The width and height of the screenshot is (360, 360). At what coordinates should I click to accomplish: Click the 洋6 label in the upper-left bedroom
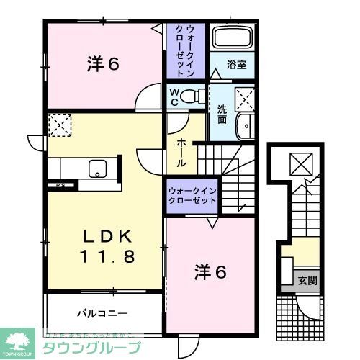click(102, 64)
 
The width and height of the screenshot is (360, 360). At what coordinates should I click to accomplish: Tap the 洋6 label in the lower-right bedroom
click(211, 272)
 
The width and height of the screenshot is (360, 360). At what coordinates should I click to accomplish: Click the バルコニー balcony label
click(102, 313)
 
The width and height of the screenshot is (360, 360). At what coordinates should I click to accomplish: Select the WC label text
click(174, 96)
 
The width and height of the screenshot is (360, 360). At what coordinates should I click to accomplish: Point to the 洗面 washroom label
click(222, 115)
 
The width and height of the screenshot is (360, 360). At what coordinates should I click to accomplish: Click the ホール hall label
click(179, 151)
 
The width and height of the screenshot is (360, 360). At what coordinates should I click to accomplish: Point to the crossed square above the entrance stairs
click(297, 164)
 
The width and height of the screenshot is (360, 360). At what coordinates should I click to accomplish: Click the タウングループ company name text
click(86, 346)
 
